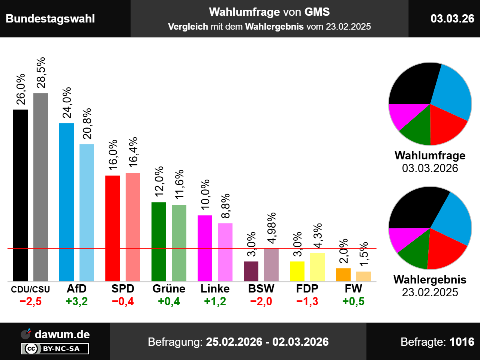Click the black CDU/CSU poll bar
(20, 195)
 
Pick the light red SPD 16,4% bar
(133, 227)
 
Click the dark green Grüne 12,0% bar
(159, 241)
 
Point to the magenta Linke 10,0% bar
(205, 248)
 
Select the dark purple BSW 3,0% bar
(251, 271)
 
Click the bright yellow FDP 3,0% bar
(297, 271)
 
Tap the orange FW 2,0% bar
(343, 274)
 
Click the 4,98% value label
(271, 228)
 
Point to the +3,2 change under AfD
(76, 301)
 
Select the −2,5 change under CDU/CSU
(30, 301)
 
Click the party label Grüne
(169, 289)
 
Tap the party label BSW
(261, 289)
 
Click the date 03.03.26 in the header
(452, 18)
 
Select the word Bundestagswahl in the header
(50, 19)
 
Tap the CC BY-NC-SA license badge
(55, 349)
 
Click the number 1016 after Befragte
(462, 342)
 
